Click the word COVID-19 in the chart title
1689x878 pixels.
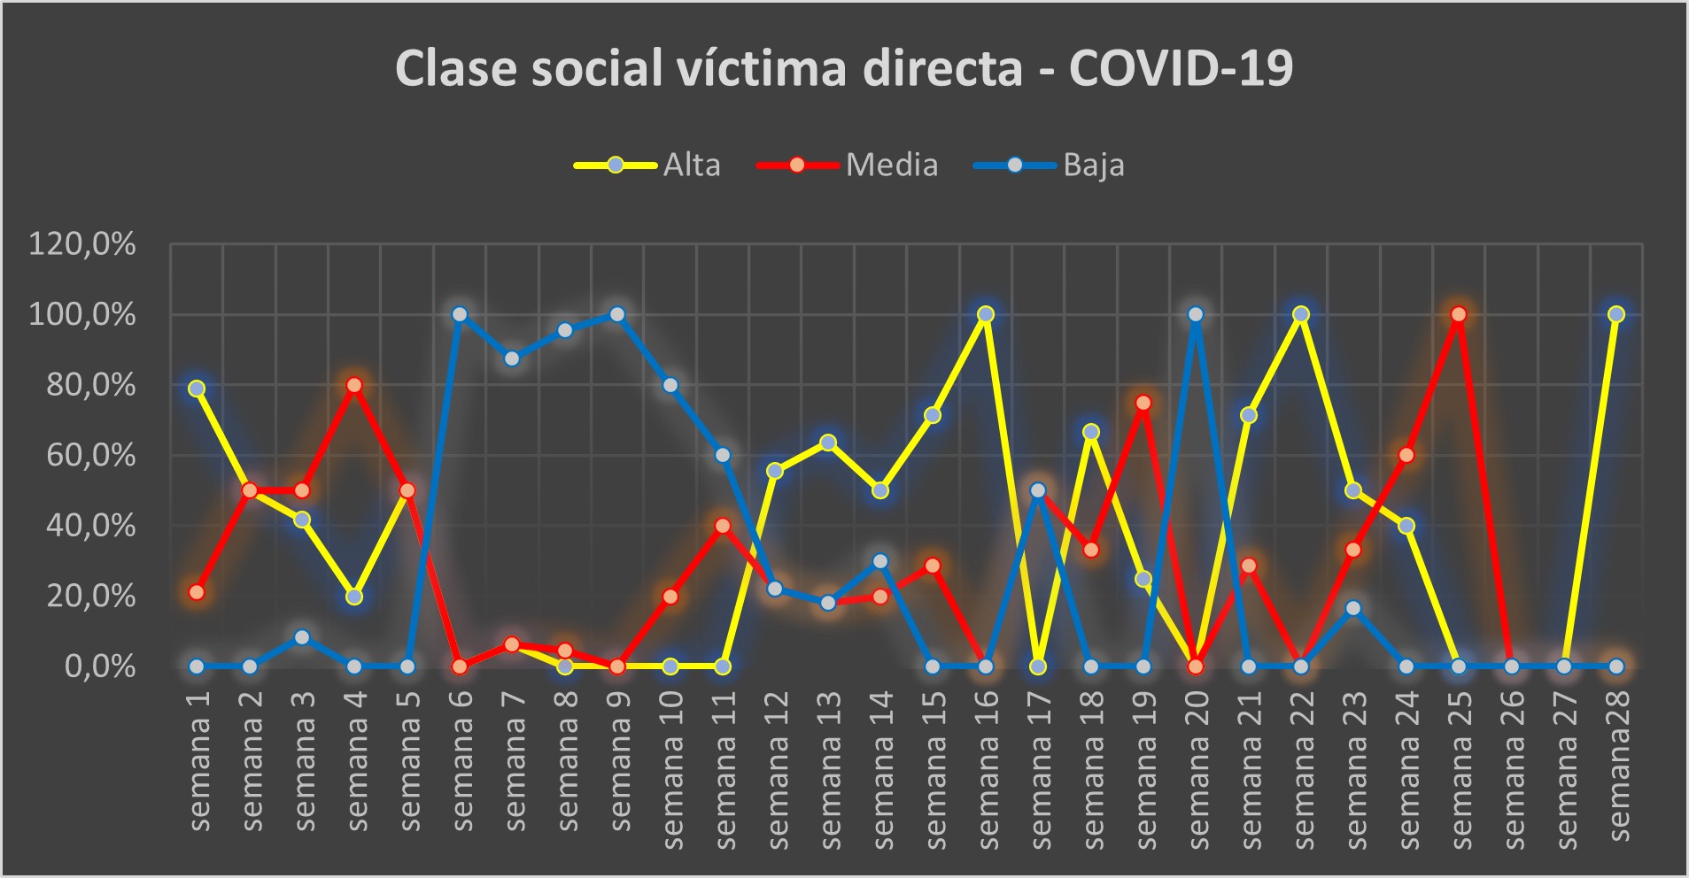click(1181, 67)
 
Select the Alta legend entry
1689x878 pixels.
click(691, 166)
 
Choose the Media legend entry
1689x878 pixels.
click(891, 166)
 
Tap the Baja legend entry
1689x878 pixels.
click(1093, 166)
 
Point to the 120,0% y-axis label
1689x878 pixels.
click(82, 243)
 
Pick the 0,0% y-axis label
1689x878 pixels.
click(100, 666)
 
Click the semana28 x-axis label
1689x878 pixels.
click(1618, 766)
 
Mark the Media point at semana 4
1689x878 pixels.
click(354, 385)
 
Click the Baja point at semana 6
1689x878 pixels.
click(459, 314)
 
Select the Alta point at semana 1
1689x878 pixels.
click(197, 389)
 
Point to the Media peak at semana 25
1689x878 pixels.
click(1459, 314)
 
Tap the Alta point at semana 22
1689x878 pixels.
click(1301, 314)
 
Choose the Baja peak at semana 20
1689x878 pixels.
click(1196, 314)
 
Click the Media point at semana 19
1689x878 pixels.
click(1143, 403)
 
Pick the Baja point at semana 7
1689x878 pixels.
click(512, 358)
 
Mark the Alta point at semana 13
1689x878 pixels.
click(828, 443)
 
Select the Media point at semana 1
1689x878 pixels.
click(197, 592)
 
